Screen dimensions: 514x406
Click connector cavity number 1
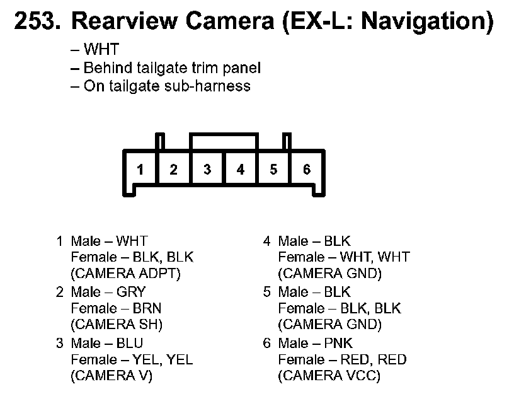click(x=140, y=170)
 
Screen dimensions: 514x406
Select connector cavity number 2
click(x=174, y=170)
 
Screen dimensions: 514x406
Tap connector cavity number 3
click(x=207, y=170)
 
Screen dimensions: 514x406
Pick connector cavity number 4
click(x=241, y=170)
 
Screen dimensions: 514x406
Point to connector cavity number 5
click(x=273, y=170)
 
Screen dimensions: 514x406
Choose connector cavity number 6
click(x=307, y=170)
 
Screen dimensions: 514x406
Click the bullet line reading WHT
click(x=95, y=50)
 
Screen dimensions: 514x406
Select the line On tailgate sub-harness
click(x=161, y=86)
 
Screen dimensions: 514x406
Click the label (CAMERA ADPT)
click(x=126, y=274)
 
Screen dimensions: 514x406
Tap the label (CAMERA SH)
click(x=117, y=325)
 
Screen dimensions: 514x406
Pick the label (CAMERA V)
click(x=112, y=376)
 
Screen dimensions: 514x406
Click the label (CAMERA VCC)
click(x=329, y=376)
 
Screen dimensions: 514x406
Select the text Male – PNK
click(x=316, y=343)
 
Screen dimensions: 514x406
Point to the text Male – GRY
click(x=108, y=292)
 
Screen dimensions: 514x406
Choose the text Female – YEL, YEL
click(x=132, y=359)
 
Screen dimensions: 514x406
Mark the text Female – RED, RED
click(x=343, y=359)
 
